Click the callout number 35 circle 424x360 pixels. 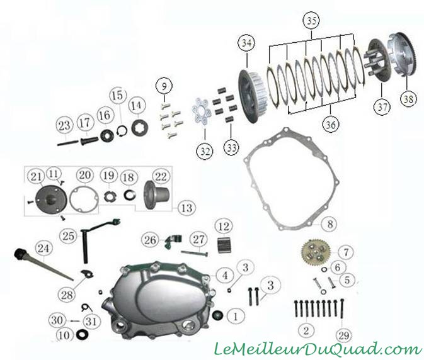311,20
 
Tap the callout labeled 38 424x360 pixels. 408,99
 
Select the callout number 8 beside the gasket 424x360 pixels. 329,224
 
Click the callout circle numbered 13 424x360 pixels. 187,208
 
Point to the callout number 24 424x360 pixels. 43,248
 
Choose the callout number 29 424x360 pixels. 344,335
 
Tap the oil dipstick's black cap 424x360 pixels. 18,254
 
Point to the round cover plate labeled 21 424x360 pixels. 52,199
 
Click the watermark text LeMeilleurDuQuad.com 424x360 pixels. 318,349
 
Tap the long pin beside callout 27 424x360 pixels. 195,254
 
